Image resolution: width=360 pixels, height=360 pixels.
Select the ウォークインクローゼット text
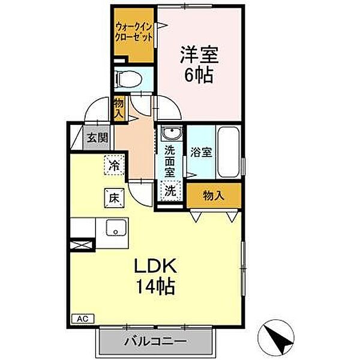133,31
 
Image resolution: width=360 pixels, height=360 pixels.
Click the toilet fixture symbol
127,78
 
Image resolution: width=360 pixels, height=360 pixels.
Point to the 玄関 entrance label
96,137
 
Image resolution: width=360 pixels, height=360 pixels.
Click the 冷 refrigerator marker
114,164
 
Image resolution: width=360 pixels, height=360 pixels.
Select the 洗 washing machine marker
170,192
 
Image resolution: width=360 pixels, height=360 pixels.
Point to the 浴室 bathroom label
200,152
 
